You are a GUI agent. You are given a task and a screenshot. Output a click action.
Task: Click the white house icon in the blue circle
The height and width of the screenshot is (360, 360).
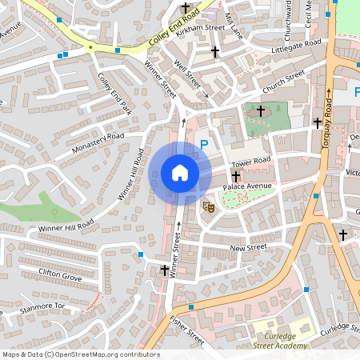(x=179, y=173)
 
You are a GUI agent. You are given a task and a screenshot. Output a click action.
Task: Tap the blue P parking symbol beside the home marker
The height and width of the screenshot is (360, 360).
(x=204, y=145)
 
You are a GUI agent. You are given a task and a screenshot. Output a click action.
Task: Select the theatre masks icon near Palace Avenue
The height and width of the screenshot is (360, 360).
(x=209, y=206)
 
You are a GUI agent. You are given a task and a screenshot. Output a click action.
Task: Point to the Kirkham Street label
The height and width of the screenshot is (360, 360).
(x=204, y=27)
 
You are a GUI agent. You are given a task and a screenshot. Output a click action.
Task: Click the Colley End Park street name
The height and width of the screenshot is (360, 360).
(x=114, y=94)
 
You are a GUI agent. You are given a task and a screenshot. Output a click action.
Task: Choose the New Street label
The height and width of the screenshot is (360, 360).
(x=248, y=248)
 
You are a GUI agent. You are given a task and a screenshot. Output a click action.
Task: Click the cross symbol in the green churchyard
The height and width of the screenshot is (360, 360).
(x=260, y=110)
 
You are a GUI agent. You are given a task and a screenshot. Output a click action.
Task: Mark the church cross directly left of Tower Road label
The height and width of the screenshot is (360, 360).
(x=235, y=176)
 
